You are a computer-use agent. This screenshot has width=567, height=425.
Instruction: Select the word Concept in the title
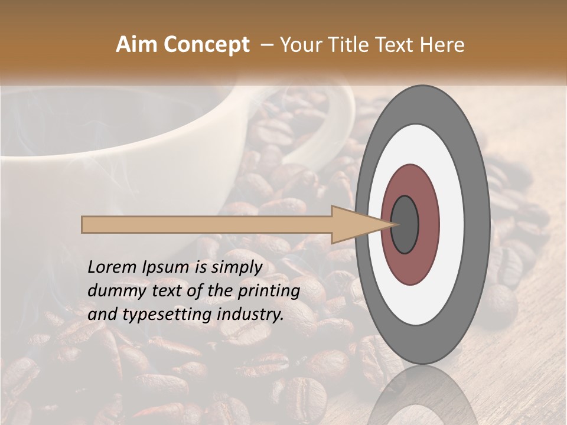(x=207, y=45)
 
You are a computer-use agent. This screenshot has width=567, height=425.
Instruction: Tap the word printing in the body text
(x=269, y=292)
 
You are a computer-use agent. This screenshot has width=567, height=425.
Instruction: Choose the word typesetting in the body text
(x=162, y=315)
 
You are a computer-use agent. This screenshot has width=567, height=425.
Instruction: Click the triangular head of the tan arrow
(x=354, y=225)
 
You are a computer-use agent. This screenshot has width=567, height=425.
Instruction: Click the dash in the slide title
(x=266, y=45)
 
